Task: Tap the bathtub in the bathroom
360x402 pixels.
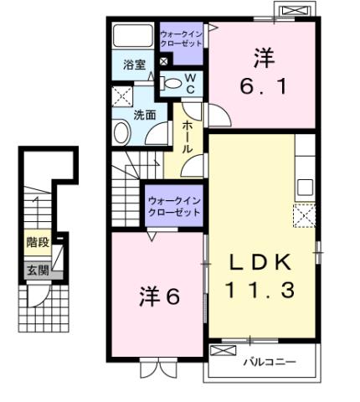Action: click(x=134, y=37)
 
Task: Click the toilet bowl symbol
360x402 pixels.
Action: click(x=172, y=82)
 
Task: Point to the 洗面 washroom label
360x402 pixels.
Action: click(x=144, y=116)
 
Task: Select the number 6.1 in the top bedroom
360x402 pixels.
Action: click(x=262, y=85)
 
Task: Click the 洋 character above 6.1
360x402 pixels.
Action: click(x=262, y=58)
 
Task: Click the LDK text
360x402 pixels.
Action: click(x=260, y=262)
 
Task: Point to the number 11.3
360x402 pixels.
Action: click(x=260, y=291)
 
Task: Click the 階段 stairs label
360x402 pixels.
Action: click(x=37, y=245)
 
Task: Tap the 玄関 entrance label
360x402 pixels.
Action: click(x=37, y=270)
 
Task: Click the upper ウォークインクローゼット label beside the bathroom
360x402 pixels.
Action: click(x=180, y=38)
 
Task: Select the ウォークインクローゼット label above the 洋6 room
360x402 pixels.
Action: click(x=173, y=206)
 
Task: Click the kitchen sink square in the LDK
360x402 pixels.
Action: click(x=304, y=187)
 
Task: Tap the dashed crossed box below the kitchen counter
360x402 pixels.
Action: click(x=303, y=217)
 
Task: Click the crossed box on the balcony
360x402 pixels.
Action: click(x=222, y=352)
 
